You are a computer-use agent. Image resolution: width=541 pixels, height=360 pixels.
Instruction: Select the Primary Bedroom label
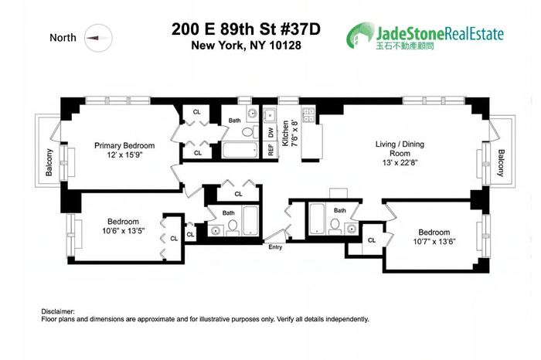(x=124, y=145)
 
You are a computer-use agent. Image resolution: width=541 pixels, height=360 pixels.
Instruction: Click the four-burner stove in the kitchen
(x=308, y=115)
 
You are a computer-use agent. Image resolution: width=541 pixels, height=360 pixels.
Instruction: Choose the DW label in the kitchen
(x=271, y=133)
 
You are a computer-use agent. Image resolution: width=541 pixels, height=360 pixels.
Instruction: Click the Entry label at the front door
(x=276, y=247)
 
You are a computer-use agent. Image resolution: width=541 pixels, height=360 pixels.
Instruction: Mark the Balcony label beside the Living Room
(x=502, y=162)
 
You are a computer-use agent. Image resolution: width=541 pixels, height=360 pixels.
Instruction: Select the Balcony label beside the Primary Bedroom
(x=49, y=162)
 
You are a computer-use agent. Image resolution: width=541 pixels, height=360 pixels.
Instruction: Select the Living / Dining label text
(x=400, y=144)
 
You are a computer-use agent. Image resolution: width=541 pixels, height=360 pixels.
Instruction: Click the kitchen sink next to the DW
(x=271, y=117)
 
